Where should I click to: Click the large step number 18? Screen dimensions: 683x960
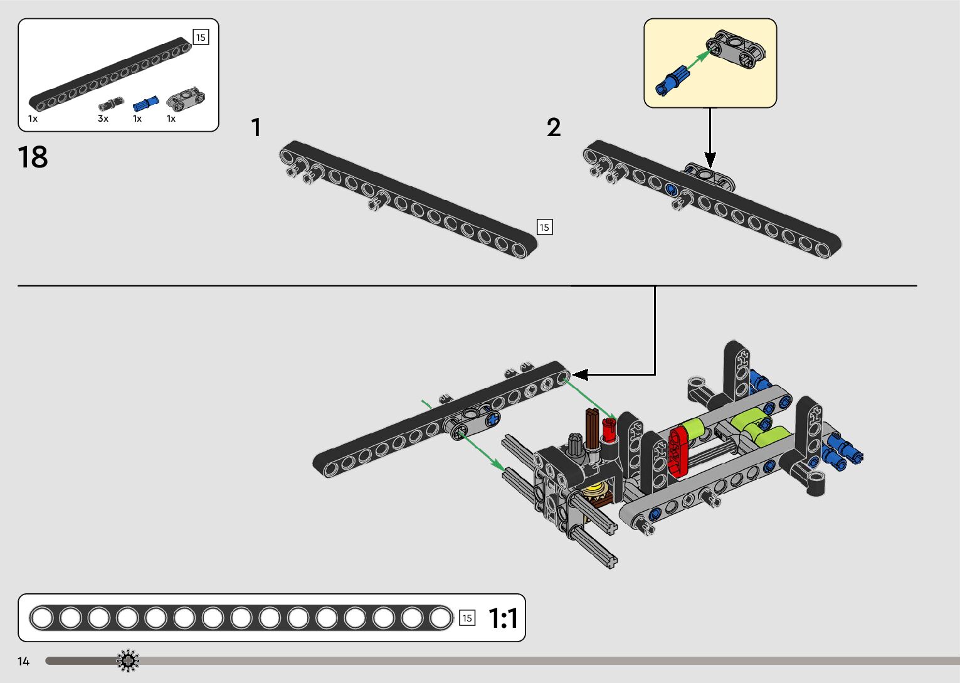pyautogui.click(x=33, y=157)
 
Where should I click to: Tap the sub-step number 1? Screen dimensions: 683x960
pyautogui.click(x=256, y=127)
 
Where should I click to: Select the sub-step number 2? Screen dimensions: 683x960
pyautogui.click(x=553, y=127)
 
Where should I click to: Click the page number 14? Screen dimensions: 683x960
pyautogui.click(x=24, y=662)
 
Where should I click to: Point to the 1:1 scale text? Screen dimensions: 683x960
pyautogui.click(x=503, y=618)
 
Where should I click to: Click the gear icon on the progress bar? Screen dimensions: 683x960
pyautogui.click(x=128, y=660)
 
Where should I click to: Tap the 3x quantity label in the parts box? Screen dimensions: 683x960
pyautogui.click(x=103, y=119)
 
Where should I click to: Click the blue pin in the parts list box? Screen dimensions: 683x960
pyautogui.click(x=145, y=103)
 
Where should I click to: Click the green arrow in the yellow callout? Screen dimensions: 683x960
pyautogui.click(x=699, y=60)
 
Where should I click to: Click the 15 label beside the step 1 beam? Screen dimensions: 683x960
pyautogui.click(x=544, y=227)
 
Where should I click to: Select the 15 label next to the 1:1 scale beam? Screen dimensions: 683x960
pyautogui.click(x=467, y=618)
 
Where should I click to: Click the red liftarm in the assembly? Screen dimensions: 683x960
pyautogui.click(x=678, y=450)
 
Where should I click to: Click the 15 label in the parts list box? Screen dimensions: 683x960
pyautogui.click(x=201, y=37)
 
